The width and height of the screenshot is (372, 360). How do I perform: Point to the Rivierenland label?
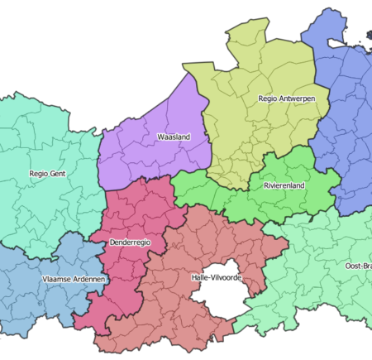[x=284, y=186]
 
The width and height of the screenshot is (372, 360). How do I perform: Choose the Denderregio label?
[x=129, y=242]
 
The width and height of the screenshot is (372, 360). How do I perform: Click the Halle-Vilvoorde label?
[x=216, y=278]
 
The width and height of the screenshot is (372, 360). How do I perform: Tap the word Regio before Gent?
[x=38, y=175]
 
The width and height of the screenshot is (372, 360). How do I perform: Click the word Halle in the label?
[x=199, y=278]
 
